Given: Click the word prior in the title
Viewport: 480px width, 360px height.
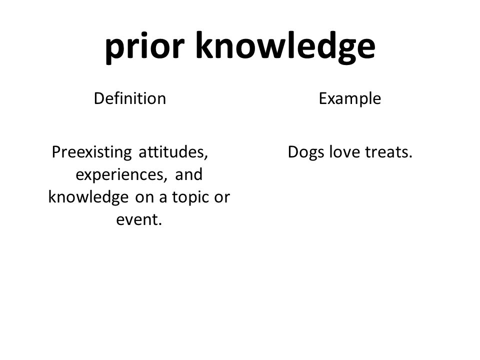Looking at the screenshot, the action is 145,47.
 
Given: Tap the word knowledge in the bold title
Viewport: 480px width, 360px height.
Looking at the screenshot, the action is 285,47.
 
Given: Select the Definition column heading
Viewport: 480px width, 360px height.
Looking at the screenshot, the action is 130,98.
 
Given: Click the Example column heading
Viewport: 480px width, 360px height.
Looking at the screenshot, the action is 350,98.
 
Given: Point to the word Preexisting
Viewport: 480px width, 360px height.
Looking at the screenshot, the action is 92,152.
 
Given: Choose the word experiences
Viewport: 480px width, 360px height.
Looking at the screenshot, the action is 121,175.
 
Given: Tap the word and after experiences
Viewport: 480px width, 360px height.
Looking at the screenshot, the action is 189,174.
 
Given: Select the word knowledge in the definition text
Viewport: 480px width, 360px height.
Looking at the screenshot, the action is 88,197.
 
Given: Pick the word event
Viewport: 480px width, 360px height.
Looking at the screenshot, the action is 138,219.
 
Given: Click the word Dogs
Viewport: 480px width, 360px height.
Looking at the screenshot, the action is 306,152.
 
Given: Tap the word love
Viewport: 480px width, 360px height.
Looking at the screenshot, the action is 344,151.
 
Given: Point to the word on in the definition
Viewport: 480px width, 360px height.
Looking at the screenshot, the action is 143,198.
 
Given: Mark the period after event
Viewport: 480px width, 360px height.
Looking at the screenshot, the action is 159,224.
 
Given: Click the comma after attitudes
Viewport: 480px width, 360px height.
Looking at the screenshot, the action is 206,157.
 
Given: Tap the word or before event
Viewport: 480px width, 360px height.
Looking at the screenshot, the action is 222,198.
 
